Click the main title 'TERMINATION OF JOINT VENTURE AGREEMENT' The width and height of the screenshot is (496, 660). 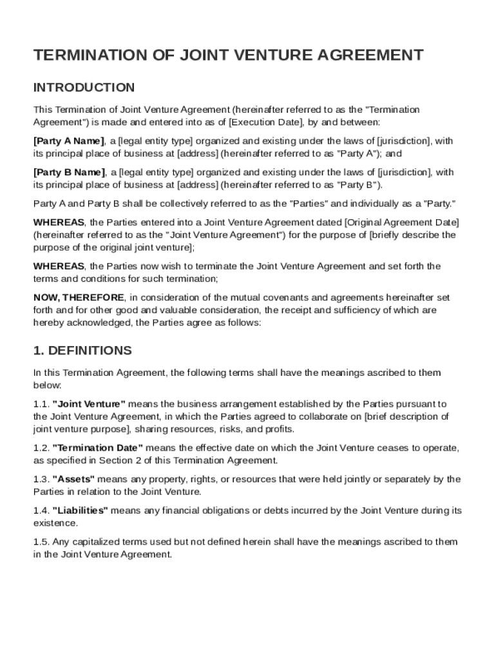[x=228, y=55]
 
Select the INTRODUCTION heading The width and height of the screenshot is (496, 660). [x=84, y=88]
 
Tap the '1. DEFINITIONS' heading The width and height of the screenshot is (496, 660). [x=82, y=351]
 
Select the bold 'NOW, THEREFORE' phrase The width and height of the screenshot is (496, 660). [x=79, y=298]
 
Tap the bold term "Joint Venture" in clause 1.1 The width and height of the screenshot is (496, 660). [x=89, y=404]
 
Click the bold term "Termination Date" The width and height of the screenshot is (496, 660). [x=97, y=448]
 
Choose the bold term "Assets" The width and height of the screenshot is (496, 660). [x=73, y=479]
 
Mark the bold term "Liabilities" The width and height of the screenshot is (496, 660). [x=80, y=510]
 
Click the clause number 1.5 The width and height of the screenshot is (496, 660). [x=41, y=542]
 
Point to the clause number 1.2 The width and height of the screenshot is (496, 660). [x=41, y=448]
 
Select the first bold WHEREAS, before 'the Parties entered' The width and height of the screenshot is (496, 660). [x=59, y=222]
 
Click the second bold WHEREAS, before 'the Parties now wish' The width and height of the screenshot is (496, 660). [x=59, y=266]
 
